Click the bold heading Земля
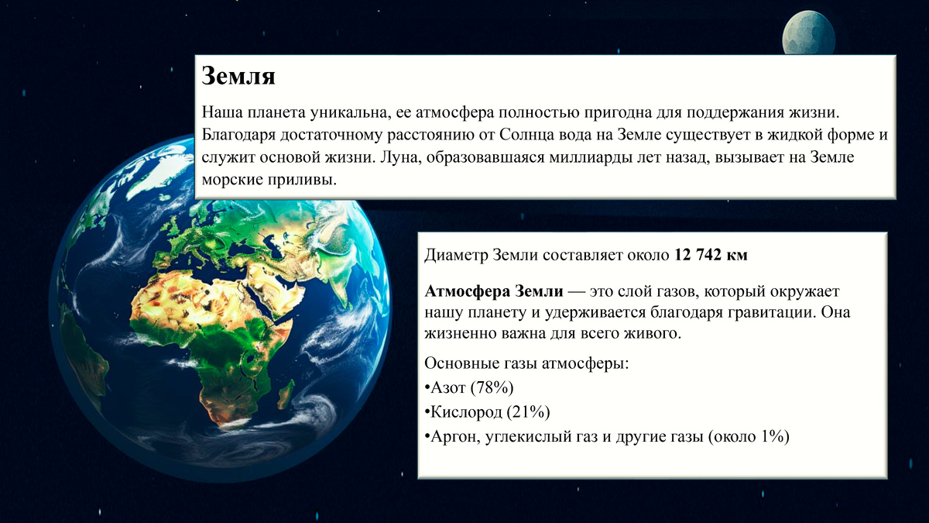coord(238,76)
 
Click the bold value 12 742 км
coord(711,255)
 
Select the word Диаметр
coord(456,255)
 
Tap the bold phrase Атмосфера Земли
coord(494,292)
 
